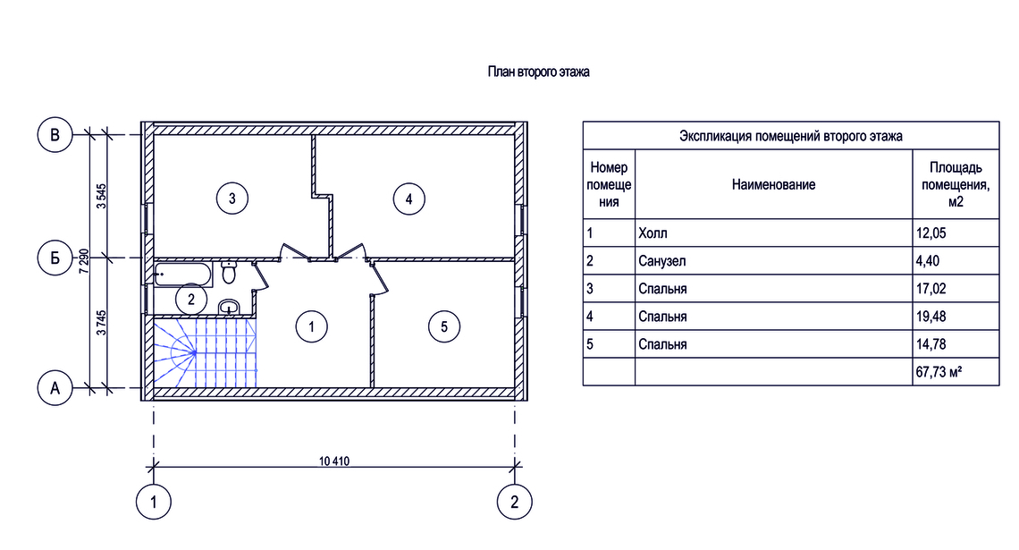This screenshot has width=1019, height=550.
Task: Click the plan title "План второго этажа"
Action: [x=538, y=72]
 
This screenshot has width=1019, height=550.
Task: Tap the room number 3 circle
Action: [x=232, y=198]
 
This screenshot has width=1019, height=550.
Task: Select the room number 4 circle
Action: [x=408, y=199]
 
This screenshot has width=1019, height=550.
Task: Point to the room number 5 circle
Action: [x=444, y=326]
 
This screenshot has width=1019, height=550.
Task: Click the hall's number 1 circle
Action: [x=311, y=326]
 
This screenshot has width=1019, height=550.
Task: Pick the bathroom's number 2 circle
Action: [x=191, y=300]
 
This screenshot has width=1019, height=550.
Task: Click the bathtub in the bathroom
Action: [x=183, y=275]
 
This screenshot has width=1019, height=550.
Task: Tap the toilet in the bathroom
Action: [x=228, y=272]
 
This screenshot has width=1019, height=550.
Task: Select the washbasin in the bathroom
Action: [x=229, y=307]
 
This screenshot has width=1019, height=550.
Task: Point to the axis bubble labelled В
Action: [x=55, y=134]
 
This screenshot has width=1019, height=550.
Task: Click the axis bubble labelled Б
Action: [x=55, y=258]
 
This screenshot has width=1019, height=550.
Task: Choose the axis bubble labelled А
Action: [x=55, y=388]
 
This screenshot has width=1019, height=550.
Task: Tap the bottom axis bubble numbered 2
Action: [x=515, y=502]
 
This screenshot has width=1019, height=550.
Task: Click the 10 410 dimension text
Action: [x=334, y=461]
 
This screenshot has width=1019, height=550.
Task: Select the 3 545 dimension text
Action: [x=101, y=196]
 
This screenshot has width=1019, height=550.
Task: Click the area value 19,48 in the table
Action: [x=931, y=317]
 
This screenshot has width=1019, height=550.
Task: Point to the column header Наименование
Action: [x=773, y=184]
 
